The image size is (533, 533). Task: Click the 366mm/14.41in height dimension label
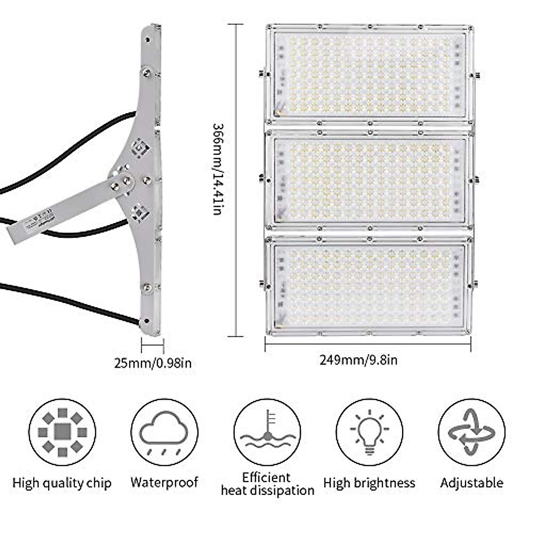216,169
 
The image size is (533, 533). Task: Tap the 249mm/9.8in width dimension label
358,359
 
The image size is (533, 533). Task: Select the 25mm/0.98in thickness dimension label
153,363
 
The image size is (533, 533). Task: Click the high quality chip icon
62,432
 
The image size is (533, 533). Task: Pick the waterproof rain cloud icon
164,432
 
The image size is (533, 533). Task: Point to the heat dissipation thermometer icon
267,432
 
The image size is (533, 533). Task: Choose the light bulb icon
370,432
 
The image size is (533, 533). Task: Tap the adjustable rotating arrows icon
472,432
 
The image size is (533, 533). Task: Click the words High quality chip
62,483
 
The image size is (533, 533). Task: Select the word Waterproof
164,482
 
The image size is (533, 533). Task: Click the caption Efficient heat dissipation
267,484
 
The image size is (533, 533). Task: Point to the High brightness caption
369,483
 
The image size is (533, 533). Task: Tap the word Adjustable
472,483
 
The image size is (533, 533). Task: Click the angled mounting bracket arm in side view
67,209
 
